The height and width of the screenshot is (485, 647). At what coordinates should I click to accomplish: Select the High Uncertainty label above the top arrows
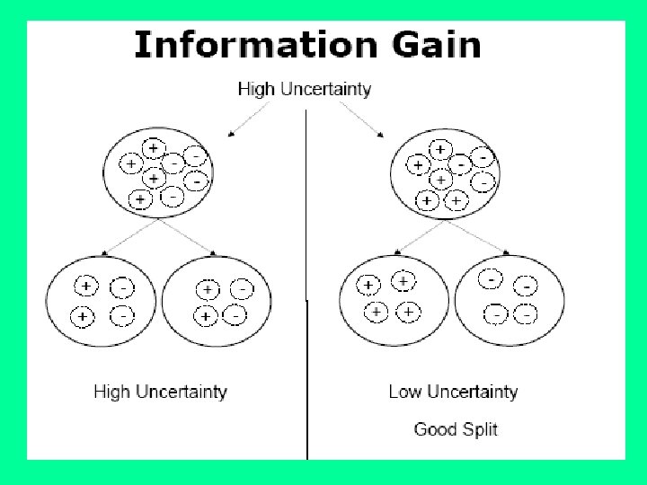click(x=305, y=89)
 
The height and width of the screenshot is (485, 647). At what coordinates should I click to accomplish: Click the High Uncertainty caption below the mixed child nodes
click(x=161, y=392)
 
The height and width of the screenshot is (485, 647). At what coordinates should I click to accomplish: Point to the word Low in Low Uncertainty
click(x=404, y=392)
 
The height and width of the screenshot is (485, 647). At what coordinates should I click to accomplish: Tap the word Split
click(x=480, y=428)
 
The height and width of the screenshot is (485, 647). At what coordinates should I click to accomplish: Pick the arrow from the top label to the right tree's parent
click(x=359, y=117)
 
